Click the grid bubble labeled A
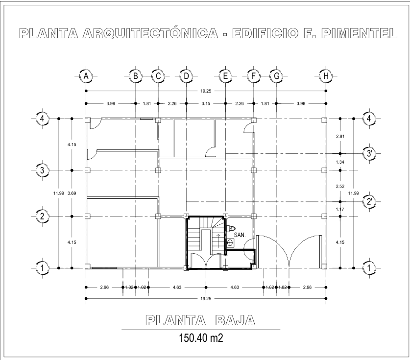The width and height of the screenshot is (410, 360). [x=86, y=76]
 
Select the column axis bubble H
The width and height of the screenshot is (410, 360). [x=326, y=76]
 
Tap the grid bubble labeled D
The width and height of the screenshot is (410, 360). [x=186, y=76]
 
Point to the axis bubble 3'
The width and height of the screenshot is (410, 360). [x=369, y=153]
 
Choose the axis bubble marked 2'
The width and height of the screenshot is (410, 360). [x=369, y=202]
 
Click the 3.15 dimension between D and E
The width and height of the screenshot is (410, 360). [x=206, y=103]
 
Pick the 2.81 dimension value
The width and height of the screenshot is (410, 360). [x=340, y=136]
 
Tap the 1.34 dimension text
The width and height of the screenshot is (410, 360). [x=340, y=162]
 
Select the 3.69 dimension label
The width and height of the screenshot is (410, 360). [x=72, y=193]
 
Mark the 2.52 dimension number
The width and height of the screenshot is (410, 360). [x=340, y=186]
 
